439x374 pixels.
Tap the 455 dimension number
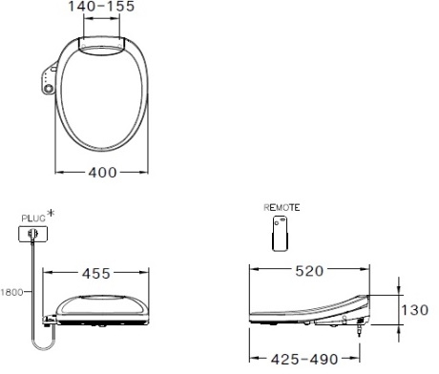(100, 273)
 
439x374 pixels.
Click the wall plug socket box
(32, 233)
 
